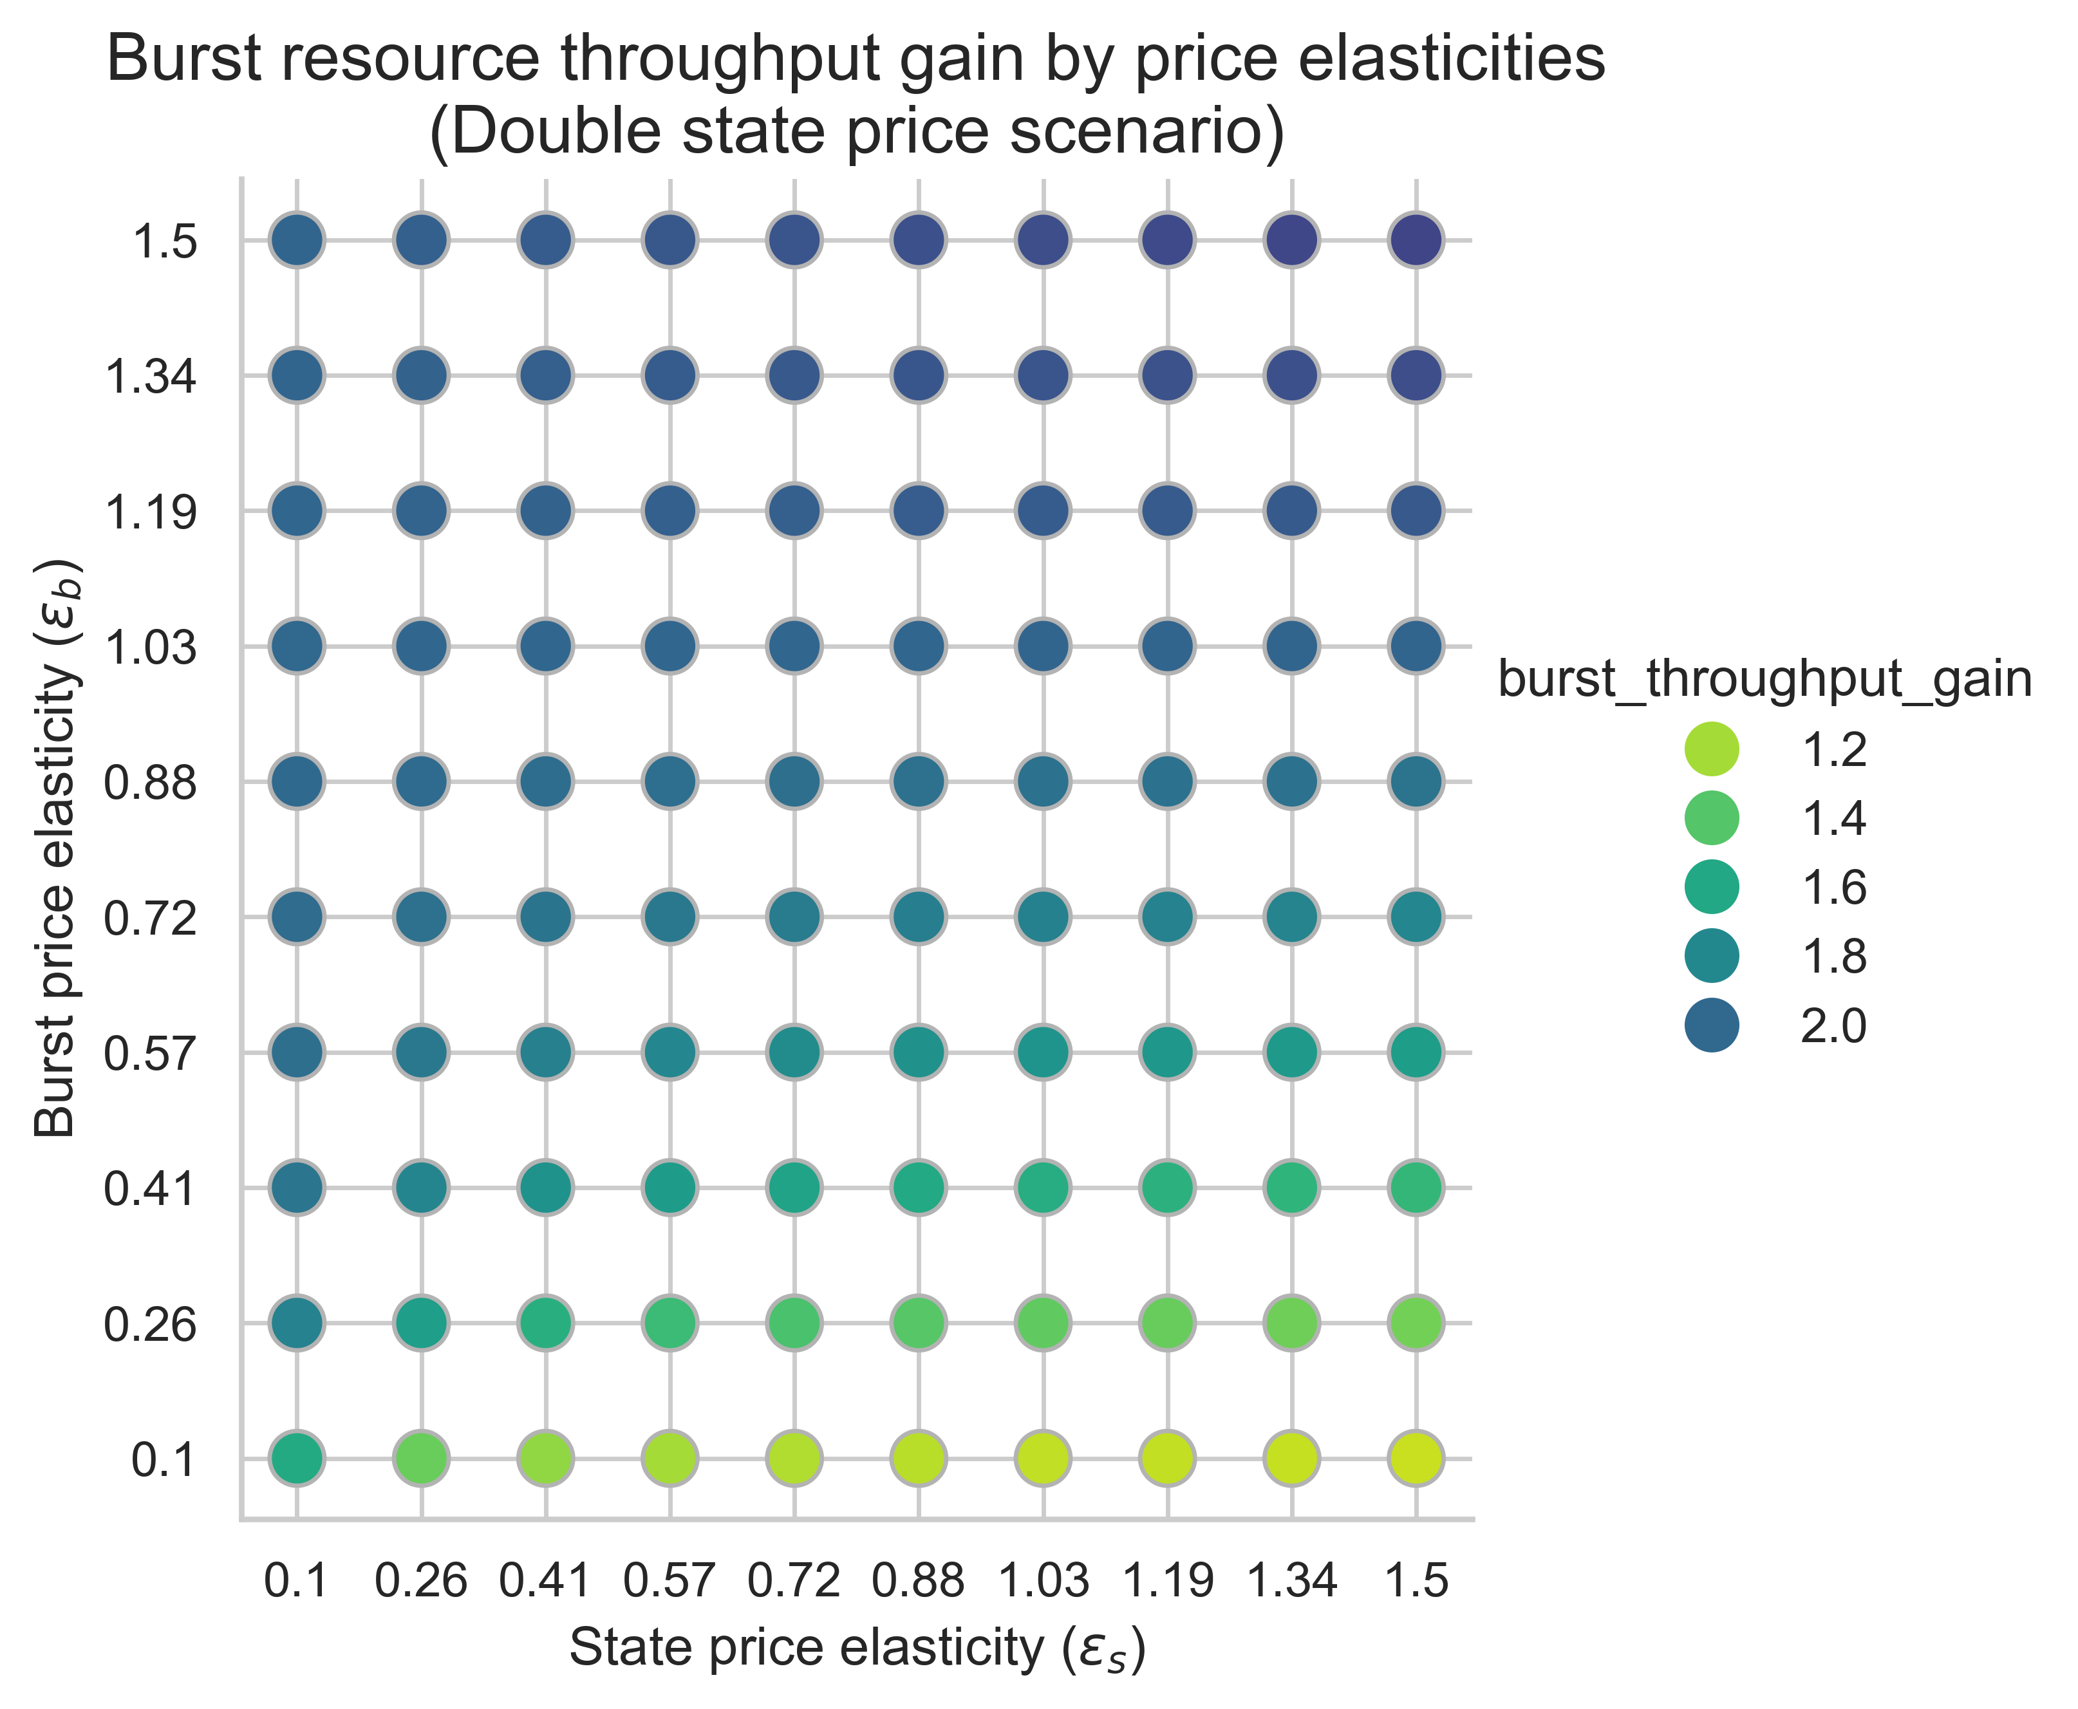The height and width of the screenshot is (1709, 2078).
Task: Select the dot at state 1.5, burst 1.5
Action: pyautogui.click(x=1416, y=239)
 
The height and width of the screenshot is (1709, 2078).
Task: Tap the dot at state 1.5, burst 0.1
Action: pyautogui.click(x=1416, y=1458)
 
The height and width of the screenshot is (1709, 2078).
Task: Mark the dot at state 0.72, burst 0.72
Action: pyautogui.click(x=794, y=917)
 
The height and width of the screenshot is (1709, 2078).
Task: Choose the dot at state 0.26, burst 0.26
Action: pyautogui.click(x=421, y=1322)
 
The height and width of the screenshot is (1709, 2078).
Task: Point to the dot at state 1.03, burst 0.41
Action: pyautogui.click(x=1044, y=1187)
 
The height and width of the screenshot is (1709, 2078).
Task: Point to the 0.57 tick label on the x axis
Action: pyautogui.click(x=670, y=1581)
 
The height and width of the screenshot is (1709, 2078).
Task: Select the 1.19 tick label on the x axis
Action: pyautogui.click(x=1168, y=1581)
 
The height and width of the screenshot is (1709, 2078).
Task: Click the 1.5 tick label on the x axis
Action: pyautogui.click(x=1416, y=1581)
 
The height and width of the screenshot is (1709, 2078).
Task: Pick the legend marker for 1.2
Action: pyautogui.click(x=1713, y=750)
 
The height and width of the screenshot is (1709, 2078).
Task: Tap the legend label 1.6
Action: pyautogui.click(x=1833, y=888)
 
